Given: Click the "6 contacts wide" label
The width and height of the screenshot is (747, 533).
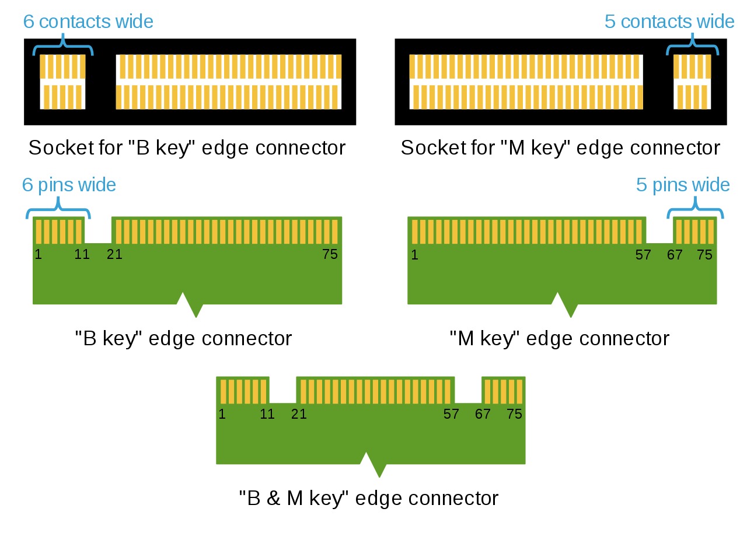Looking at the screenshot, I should [88, 22].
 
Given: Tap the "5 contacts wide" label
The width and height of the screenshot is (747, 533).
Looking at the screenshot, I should [669, 22].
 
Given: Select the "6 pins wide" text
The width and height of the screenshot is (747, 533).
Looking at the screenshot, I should [69, 185].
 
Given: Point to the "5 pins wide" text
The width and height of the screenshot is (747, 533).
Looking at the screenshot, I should [683, 185].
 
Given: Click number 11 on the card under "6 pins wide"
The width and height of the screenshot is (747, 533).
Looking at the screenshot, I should [82, 255].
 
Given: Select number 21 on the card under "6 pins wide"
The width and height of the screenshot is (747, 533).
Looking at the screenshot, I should [114, 255].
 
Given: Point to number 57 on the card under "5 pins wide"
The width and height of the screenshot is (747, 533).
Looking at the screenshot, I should [643, 255].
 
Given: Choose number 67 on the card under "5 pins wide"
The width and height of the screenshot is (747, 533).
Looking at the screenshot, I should [675, 255].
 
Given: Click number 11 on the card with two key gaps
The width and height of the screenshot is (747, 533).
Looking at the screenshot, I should [267, 414].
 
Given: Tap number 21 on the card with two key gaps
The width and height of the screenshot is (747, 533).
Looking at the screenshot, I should [299, 414].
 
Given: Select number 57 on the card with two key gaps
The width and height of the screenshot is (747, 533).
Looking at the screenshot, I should [451, 414].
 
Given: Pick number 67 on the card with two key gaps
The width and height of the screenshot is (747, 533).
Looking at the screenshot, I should [483, 414].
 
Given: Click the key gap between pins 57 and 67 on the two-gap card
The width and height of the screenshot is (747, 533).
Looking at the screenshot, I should [468, 390].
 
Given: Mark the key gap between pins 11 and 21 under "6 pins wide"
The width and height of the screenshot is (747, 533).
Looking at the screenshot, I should [98, 230].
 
